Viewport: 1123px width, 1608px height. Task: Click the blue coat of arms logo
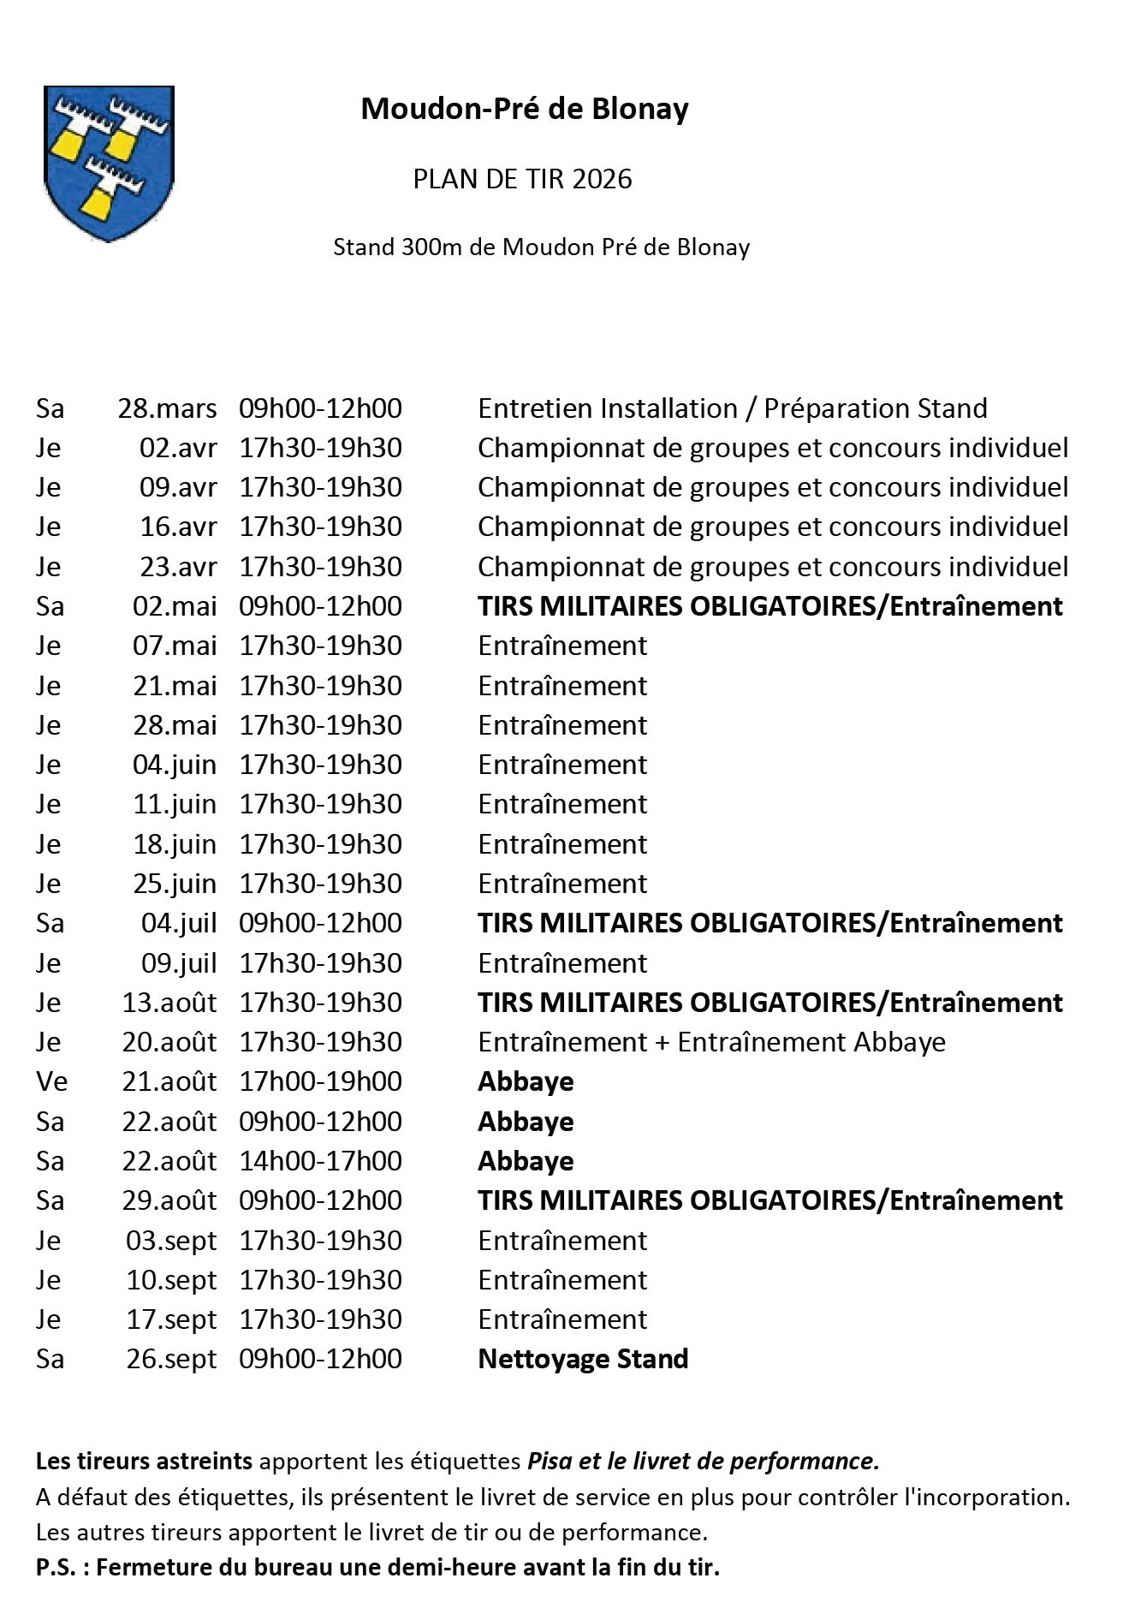click(109, 164)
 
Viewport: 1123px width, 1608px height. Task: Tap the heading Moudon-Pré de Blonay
click(524, 110)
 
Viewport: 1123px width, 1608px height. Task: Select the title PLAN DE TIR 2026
click(522, 179)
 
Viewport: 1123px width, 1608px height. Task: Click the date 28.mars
click(167, 408)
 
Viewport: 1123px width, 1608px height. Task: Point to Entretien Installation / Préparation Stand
click(732, 408)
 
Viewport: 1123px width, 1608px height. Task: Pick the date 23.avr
click(178, 567)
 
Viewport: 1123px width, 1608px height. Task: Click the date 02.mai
click(175, 606)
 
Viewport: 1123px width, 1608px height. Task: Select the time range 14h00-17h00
click(320, 1161)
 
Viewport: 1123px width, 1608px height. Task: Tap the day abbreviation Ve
click(51, 1081)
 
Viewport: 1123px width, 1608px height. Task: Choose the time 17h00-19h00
click(320, 1081)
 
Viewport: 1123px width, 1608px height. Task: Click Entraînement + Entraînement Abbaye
click(711, 1042)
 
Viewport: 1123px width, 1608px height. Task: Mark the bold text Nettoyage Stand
click(583, 1359)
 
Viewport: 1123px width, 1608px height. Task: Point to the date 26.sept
click(171, 1359)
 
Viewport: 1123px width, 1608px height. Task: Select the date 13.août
click(169, 1003)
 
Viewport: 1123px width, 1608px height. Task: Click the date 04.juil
click(179, 923)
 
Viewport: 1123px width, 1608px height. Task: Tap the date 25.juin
click(175, 884)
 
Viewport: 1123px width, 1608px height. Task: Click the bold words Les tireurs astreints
click(144, 1461)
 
